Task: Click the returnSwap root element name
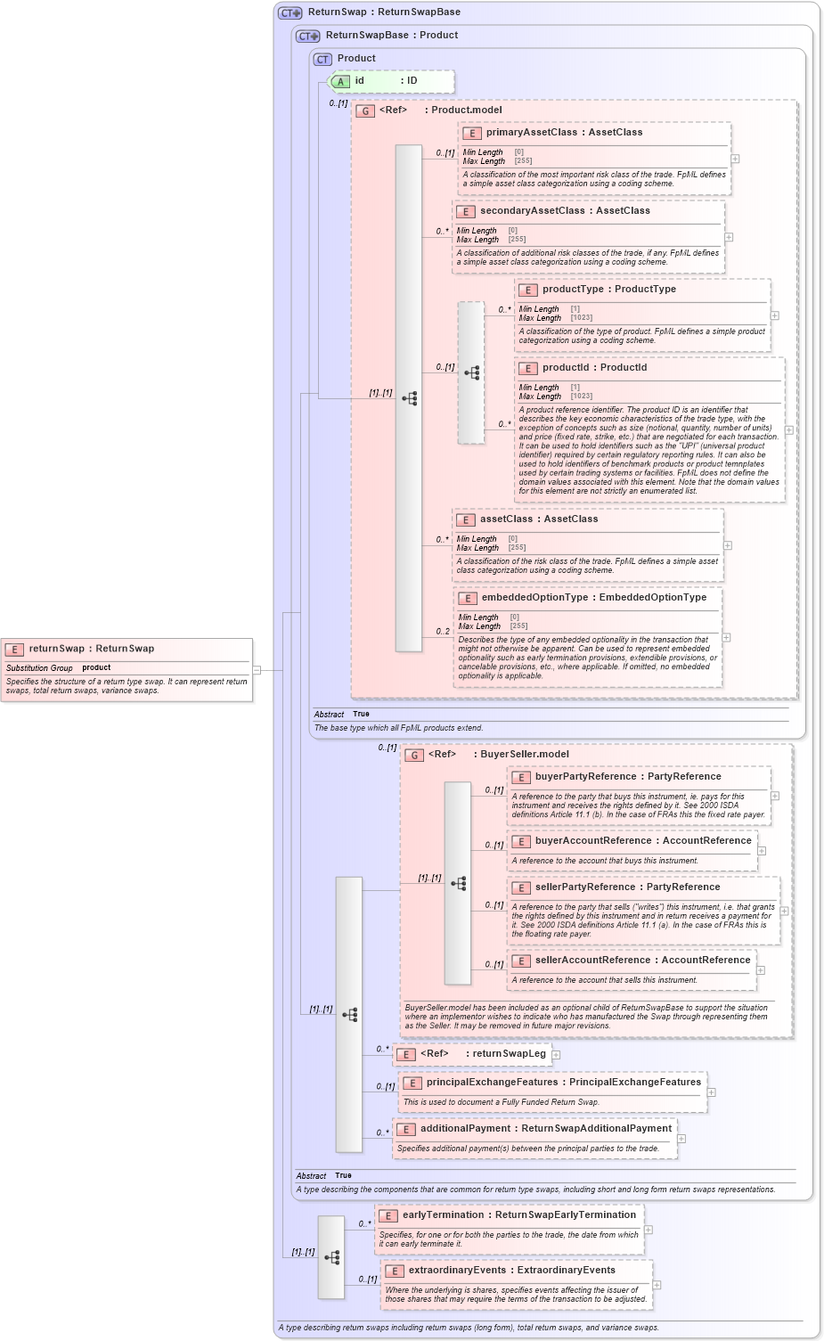[56, 649]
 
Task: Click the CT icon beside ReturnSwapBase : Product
[308, 37]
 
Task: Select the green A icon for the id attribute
[340, 82]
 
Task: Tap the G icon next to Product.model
[365, 111]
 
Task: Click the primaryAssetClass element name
[532, 132]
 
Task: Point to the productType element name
[573, 289]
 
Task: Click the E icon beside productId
[527, 368]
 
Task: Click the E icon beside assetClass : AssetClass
[465, 519]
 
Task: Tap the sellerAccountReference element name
[592, 960]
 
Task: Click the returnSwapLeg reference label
[509, 1053]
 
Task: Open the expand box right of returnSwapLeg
[556, 1055]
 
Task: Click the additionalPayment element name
[465, 1128]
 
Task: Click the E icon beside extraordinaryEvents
[394, 1271]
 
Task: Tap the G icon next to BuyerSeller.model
[414, 756]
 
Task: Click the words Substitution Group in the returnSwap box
[39, 667]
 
